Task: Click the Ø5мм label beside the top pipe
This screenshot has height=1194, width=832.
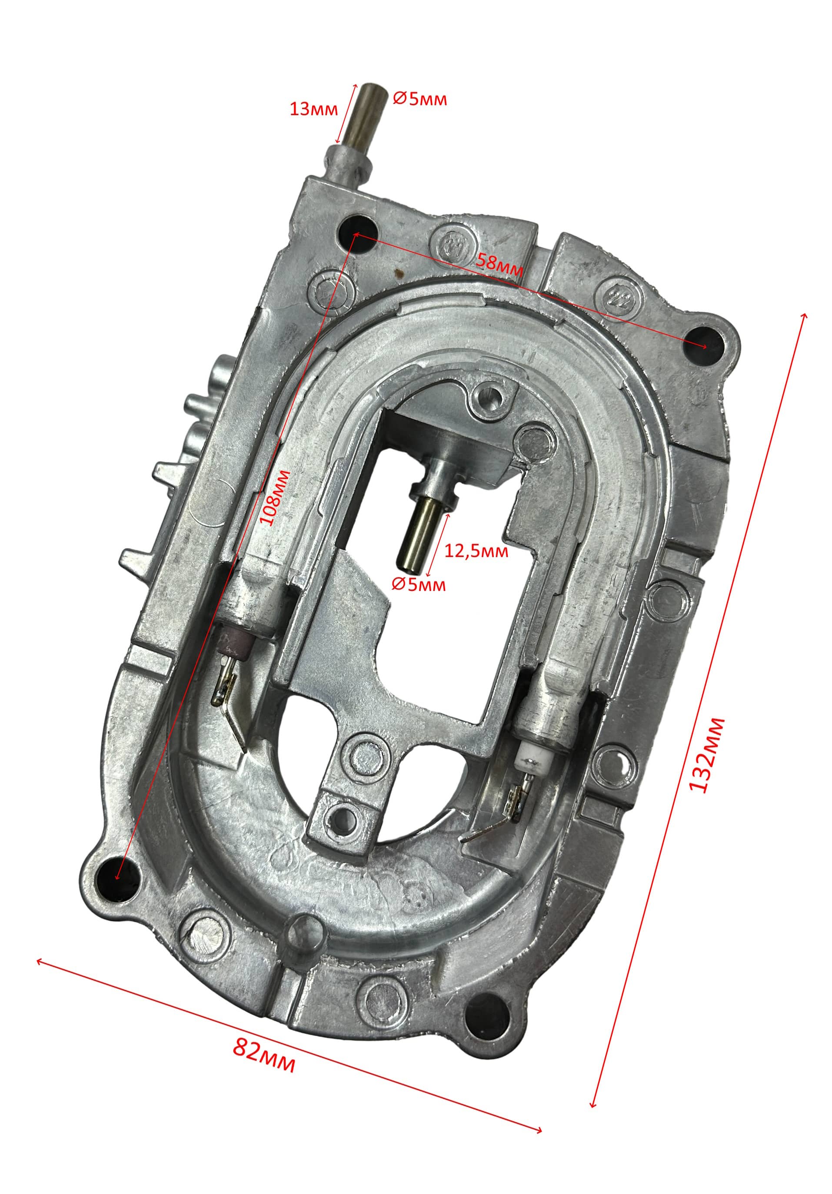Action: pyautogui.click(x=420, y=98)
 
